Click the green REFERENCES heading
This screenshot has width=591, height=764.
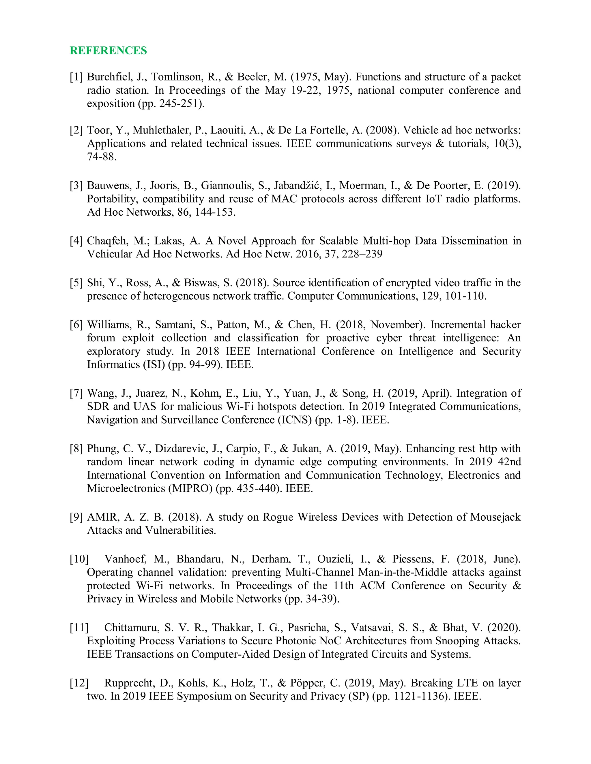point(108,51)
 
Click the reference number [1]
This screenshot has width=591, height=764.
point(76,77)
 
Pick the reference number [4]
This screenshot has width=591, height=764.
point(76,241)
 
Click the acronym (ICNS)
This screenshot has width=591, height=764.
point(295,420)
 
